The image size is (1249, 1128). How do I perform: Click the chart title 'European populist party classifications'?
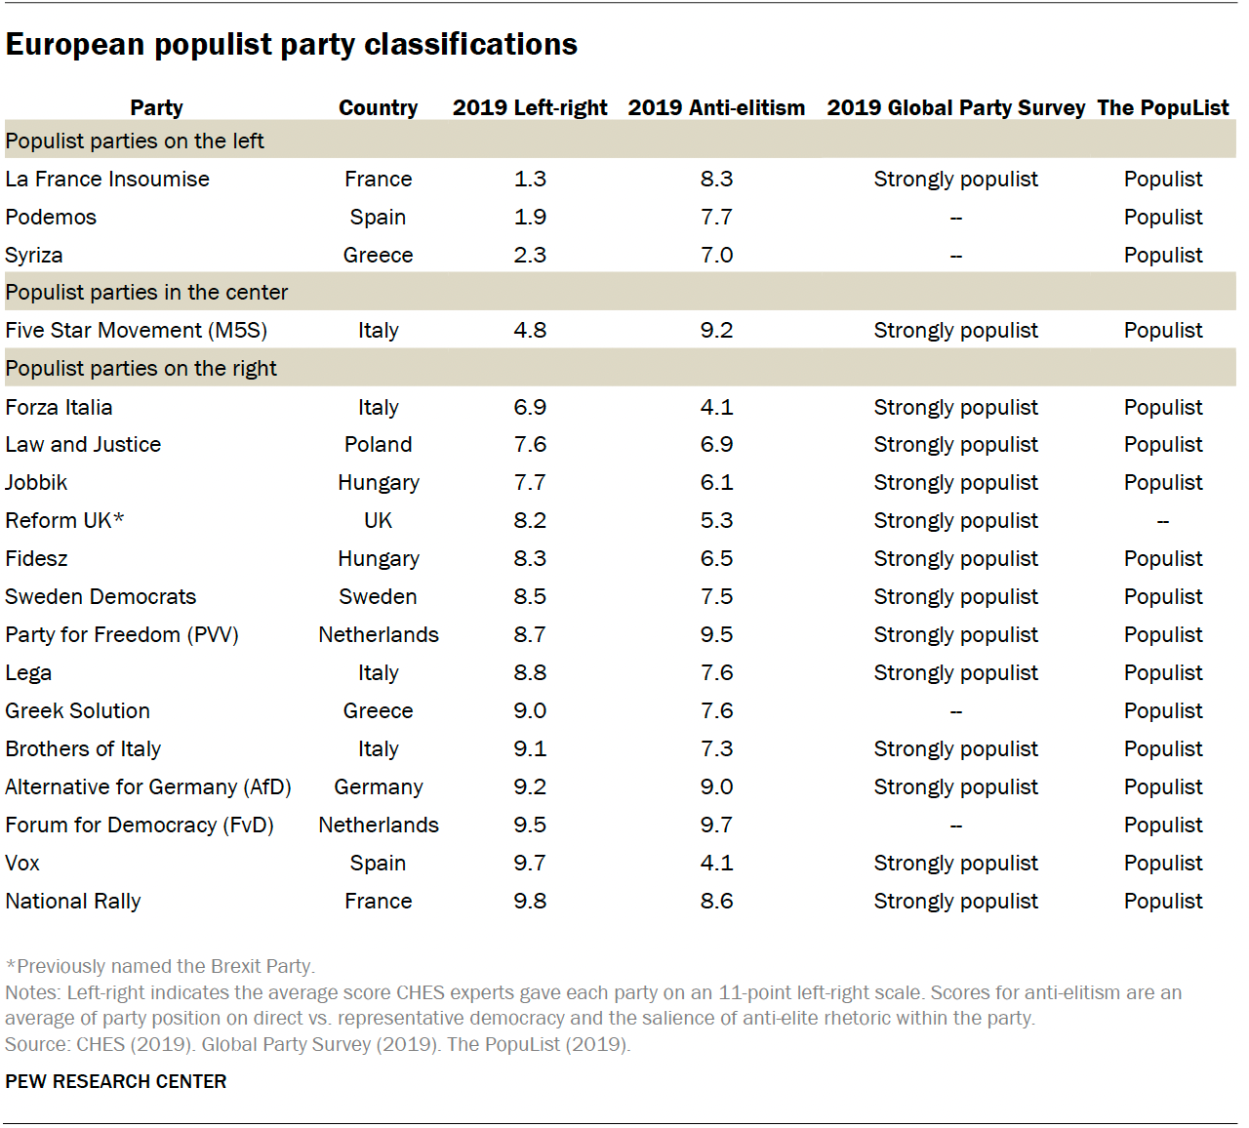291,45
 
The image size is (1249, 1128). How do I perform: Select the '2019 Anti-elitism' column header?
716,107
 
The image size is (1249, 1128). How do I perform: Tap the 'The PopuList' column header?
1162,107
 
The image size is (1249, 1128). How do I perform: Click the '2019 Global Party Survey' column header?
955,107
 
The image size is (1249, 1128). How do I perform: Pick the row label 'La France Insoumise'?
107,180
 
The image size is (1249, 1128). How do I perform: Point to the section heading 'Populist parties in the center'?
146,293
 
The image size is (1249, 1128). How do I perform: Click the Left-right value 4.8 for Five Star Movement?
530,331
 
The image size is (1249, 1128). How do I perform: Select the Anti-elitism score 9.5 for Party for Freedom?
716,635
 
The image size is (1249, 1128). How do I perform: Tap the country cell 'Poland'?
378,445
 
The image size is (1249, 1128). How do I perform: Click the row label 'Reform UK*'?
64,521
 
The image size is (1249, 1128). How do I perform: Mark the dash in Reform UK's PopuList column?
1162,521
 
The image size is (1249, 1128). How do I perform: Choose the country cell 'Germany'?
378,787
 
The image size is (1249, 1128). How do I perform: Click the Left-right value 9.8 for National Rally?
530,902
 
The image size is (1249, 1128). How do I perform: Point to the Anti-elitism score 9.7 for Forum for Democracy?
716,826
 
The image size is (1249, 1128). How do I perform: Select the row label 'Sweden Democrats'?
101,597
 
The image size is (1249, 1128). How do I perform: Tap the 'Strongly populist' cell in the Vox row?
955,864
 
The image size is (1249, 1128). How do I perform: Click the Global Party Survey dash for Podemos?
955,218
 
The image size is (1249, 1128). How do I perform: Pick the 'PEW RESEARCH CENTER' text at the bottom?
115,1081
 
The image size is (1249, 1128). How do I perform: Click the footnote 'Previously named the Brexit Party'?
161,966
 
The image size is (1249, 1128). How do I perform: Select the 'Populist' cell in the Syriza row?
1162,256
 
